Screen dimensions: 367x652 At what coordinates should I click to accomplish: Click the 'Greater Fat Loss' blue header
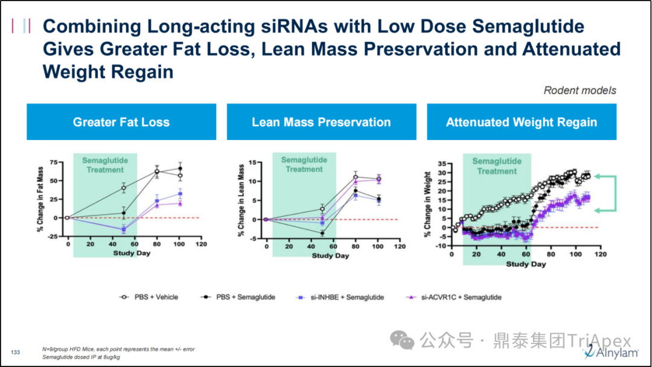121,122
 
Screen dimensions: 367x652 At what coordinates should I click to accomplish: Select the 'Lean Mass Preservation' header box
321,122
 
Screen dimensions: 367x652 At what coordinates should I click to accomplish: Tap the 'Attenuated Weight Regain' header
521,122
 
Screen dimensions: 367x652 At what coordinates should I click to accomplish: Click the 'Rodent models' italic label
580,91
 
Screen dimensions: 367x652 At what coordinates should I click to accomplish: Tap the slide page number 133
16,352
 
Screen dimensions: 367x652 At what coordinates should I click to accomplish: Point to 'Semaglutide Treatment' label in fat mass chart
105,165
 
